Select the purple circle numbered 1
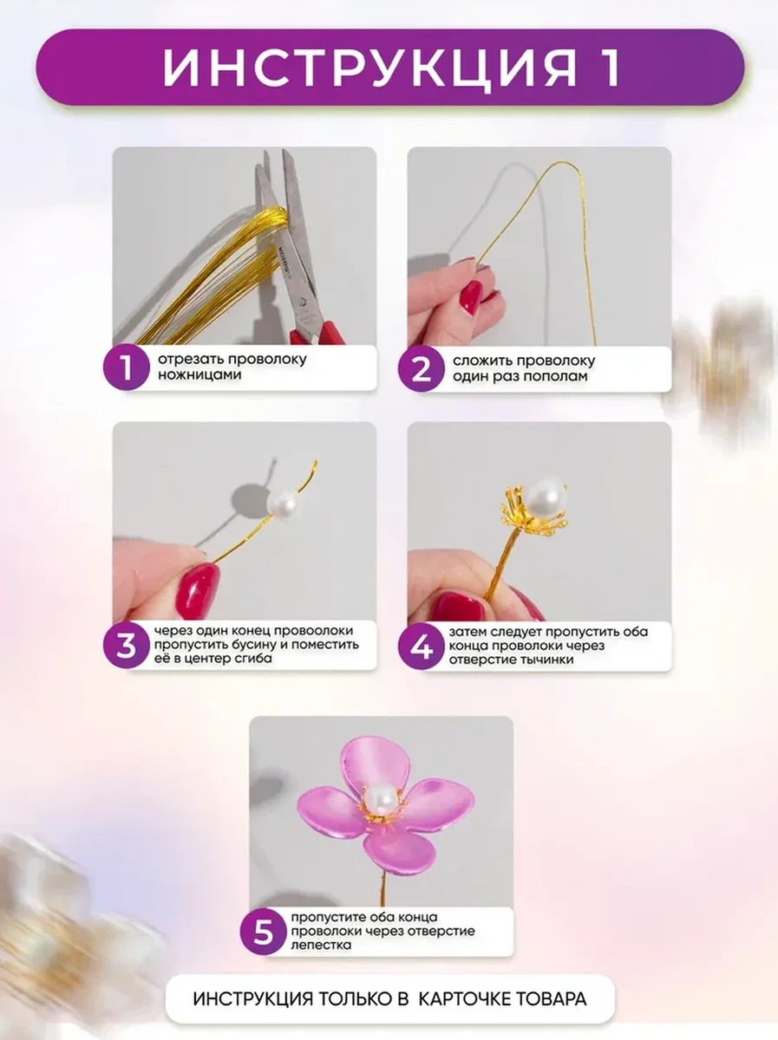pyautogui.click(x=126, y=367)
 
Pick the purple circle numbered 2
pyautogui.click(x=421, y=369)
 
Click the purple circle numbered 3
pyautogui.click(x=126, y=646)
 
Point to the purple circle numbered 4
pyautogui.click(x=421, y=647)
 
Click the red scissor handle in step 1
pyautogui.click(x=317, y=333)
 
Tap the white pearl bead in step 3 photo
pyautogui.click(x=283, y=505)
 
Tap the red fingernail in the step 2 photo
pyautogui.click(x=470, y=297)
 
